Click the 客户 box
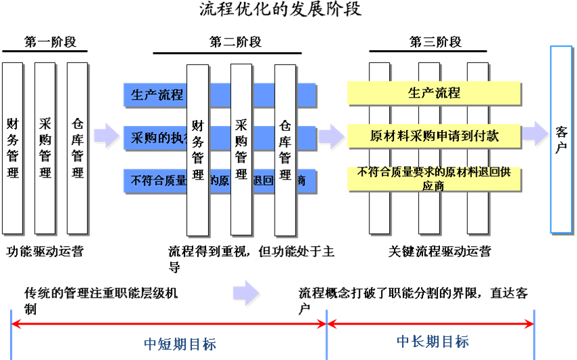pos(561,139)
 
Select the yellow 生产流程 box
pos(434,94)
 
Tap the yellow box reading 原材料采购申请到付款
pos(434,136)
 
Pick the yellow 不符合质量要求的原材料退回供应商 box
pos(434,178)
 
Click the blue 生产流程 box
pos(155,95)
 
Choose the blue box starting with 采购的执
pos(155,138)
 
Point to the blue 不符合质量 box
pos(155,180)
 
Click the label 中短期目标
pos(180,344)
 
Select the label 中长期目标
pos(432,341)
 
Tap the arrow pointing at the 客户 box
pos(536,134)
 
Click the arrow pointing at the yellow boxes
pos(332,136)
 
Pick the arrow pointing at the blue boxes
pos(107,136)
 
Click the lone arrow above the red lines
pos(247,293)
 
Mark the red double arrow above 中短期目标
pos(170,324)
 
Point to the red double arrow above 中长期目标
pos(431,324)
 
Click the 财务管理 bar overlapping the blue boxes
pos(198,151)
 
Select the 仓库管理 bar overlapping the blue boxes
pos(285,151)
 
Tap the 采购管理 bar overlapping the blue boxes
pos(241,151)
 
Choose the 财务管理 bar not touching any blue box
pos(13,149)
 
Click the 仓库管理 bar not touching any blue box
pos(77,149)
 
